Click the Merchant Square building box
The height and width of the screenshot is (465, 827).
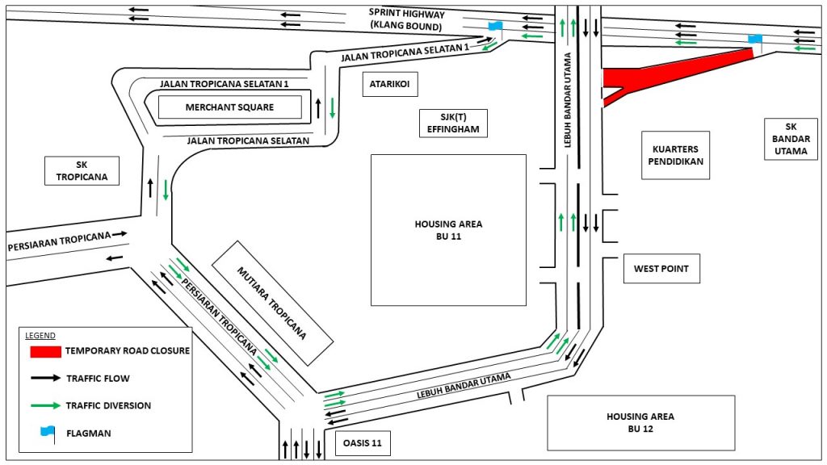tap(229, 107)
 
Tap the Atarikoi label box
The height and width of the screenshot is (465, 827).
tap(391, 83)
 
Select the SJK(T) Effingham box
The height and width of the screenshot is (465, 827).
tap(454, 123)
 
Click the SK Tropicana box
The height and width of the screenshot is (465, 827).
tap(82, 171)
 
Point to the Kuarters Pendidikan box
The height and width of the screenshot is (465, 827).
tap(675, 155)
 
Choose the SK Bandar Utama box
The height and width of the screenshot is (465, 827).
tap(790, 139)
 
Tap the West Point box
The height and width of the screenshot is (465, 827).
tap(661, 269)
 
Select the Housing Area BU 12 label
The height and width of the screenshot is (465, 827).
tap(640, 422)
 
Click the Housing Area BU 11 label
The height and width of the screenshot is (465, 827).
tap(448, 230)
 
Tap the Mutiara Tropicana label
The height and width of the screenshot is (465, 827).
tap(272, 301)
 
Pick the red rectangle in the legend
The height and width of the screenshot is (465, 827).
tap(45, 352)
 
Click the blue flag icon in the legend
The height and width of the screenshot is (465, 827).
tap(45, 433)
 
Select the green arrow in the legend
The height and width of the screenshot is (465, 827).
tap(45, 405)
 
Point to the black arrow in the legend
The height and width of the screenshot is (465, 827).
tap(45, 378)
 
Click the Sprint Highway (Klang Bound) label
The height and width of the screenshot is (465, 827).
tap(406, 19)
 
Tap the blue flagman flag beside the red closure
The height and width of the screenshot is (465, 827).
tap(755, 39)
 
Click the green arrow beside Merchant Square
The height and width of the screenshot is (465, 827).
tap(332, 108)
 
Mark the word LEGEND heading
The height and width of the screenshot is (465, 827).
tap(40, 335)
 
